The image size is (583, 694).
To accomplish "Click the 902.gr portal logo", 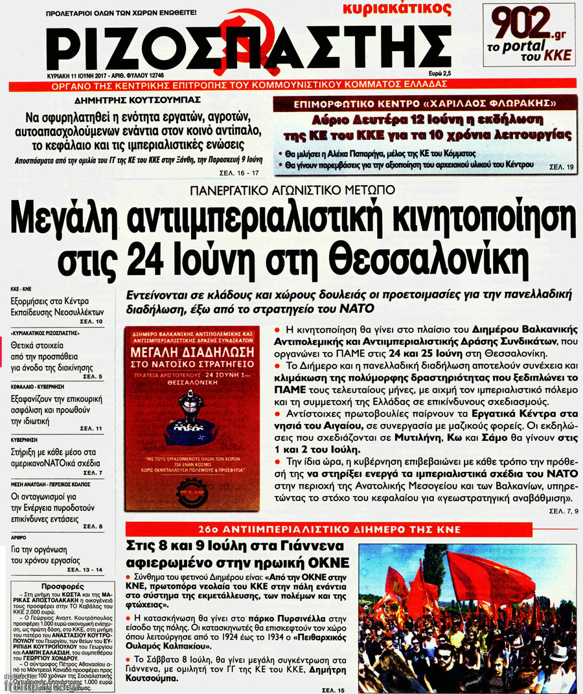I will coord(530,34).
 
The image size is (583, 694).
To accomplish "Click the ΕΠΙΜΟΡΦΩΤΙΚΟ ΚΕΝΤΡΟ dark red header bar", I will coord(425,104).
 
